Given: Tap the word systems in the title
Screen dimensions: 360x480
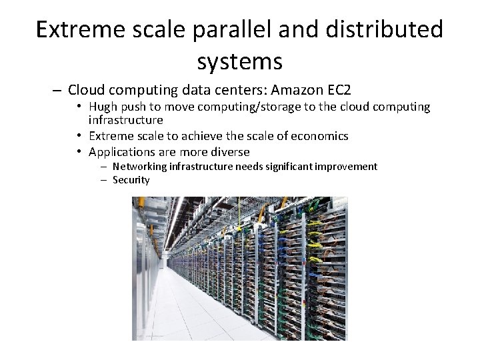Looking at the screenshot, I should (x=240, y=61).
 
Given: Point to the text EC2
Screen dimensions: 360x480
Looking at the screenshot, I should (x=337, y=89).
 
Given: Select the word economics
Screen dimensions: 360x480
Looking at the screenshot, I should (x=319, y=136).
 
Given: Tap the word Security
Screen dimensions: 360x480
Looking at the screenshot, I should (x=131, y=180).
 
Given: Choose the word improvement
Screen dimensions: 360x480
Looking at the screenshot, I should (x=348, y=166).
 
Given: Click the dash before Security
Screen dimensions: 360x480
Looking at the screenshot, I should (x=105, y=180).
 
